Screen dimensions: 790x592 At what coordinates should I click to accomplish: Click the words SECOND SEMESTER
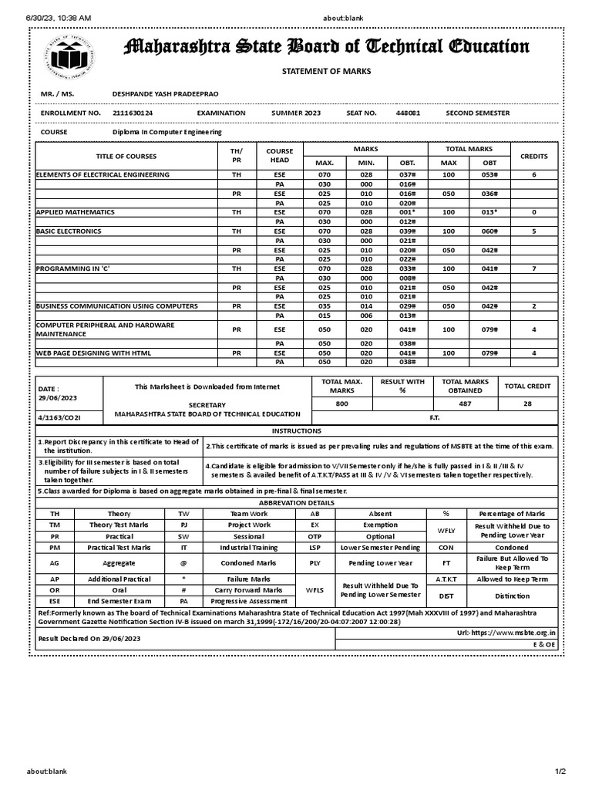click(477, 113)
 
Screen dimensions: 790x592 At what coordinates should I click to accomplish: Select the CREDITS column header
click(533, 156)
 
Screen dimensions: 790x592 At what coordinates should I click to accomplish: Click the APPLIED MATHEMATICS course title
click(76, 211)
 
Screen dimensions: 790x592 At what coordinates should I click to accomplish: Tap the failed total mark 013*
click(489, 211)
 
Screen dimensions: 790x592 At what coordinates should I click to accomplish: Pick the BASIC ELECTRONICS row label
click(69, 230)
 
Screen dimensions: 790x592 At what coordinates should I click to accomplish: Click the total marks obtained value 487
click(465, 403)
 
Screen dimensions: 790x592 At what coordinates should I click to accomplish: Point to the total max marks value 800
click(342, 403)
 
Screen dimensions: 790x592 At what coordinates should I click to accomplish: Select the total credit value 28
click(526, 403)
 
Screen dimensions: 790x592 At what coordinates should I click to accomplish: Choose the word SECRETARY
click(207, 404)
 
